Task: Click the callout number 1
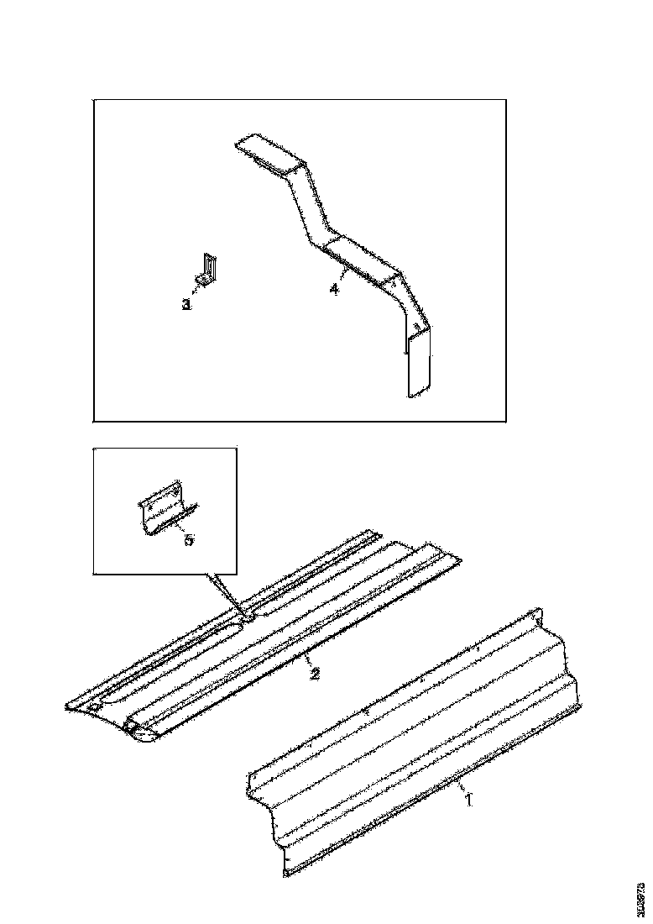tap(468, 801)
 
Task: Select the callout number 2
tap(314, 675)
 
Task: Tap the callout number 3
tap(186, 304)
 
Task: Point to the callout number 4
tap(333, 289)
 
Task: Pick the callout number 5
tap(188, 540)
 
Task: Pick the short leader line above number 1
tap(461, 788)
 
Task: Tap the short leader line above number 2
tap(307, 661)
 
